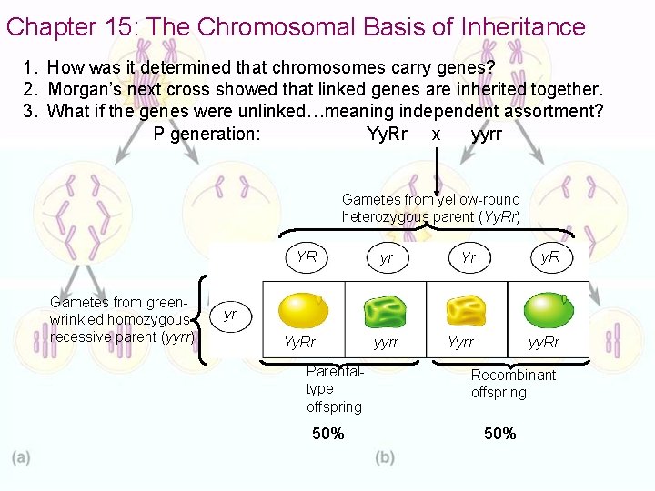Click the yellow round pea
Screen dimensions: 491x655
303,310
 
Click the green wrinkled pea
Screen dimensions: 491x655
385,312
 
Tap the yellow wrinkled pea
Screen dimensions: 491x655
466,311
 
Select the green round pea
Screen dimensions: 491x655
549,310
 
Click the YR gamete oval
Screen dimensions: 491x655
307,256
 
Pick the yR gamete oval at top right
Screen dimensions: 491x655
550,257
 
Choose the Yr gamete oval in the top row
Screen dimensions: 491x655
469,257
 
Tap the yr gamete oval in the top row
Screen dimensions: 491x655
387,258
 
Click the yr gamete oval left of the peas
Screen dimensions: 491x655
230,315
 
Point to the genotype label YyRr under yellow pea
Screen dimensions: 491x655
299,343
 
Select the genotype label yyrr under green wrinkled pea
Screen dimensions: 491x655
387,343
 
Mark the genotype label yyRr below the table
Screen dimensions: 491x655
545,343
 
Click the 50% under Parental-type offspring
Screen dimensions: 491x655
327,434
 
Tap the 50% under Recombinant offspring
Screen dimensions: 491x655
499,434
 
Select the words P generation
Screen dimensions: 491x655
207,135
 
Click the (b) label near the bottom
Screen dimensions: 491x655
385,457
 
